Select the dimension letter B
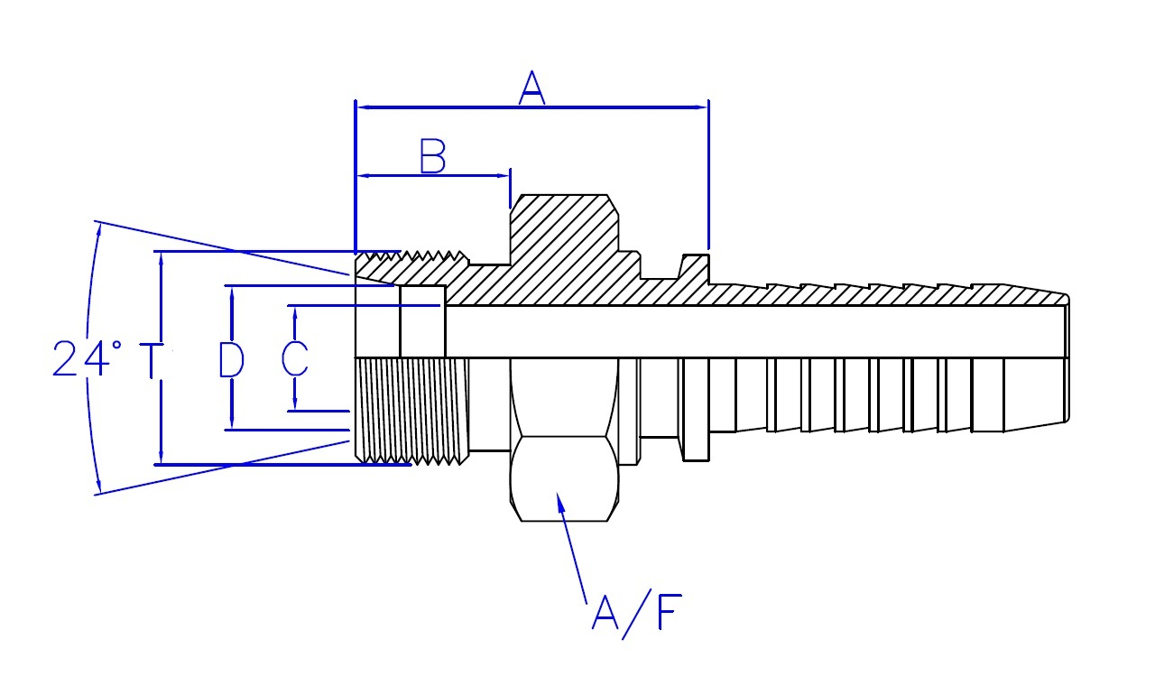tap(433, 157)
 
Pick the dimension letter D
tap(232, 358)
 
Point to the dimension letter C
tap(294, 358)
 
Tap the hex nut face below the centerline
tap(564, 478)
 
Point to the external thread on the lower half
tap(411, 411)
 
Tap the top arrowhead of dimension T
tap(161, 258)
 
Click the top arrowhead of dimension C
tap(294, 312)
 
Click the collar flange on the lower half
tap(695, 411)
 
